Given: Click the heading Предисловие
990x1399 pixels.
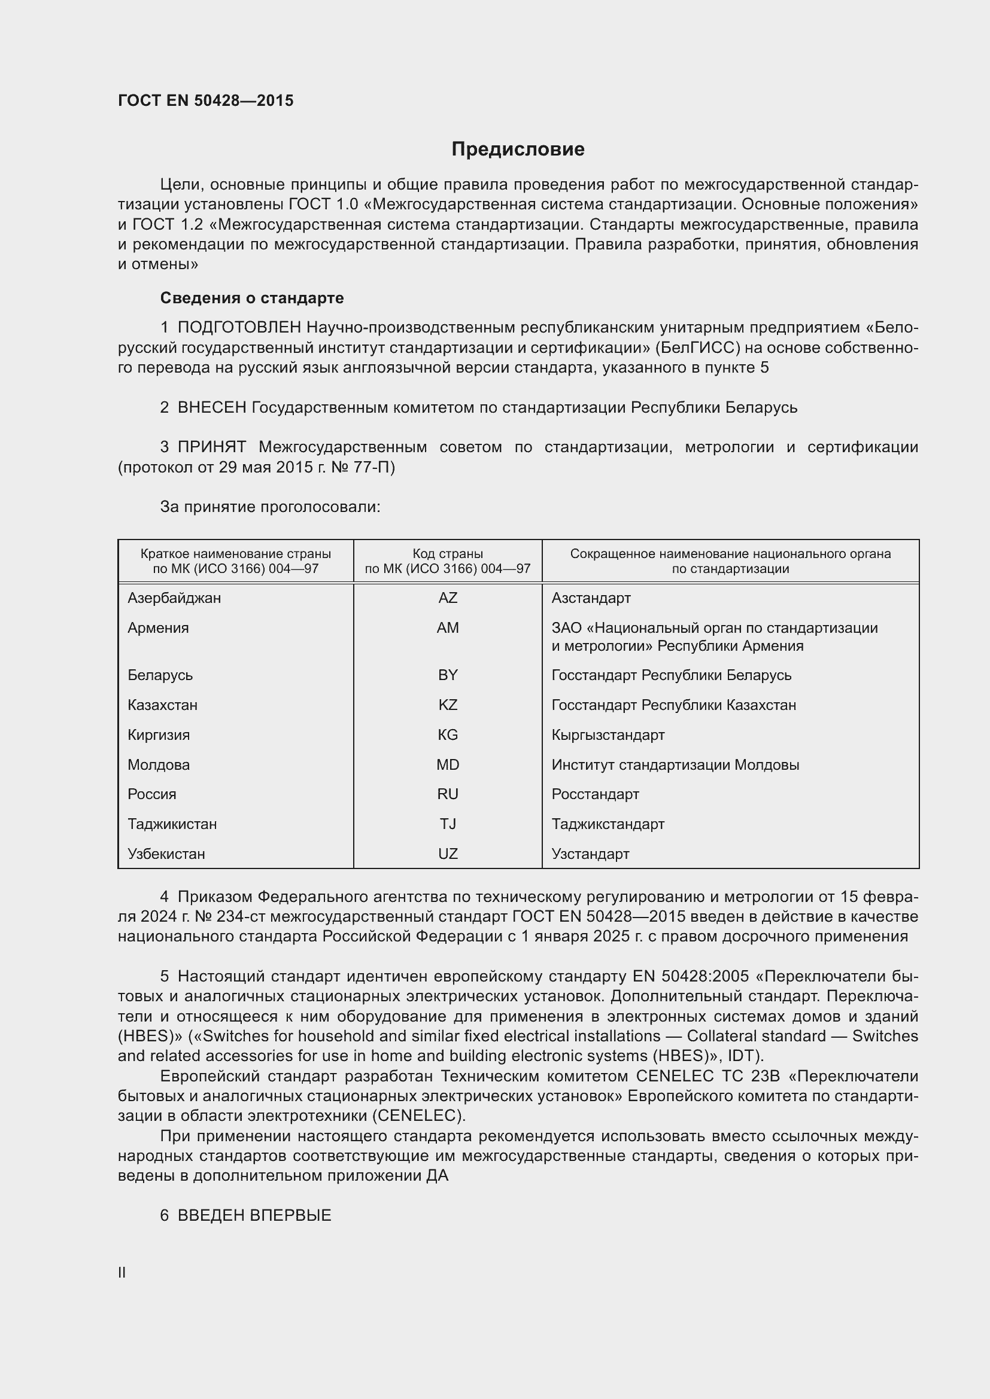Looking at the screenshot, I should click(x=518, y=150).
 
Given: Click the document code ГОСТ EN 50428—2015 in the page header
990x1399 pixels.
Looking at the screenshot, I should click(x=205, y=100).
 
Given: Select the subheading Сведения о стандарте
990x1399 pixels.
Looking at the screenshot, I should click(x=252, y=298).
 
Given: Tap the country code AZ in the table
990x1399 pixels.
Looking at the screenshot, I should click(x=448, y=598).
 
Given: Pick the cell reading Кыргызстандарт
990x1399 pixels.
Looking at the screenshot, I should click(x=608, y=735).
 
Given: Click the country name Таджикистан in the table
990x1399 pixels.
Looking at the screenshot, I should click(x=172, y=824).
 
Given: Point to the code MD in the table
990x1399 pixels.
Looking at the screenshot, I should click(x=448, y=765).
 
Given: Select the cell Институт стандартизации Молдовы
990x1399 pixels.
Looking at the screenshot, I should click(x=675, y=765).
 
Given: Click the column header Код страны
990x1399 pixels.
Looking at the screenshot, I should click(x=448, y=554).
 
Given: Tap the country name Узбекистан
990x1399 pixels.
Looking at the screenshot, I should click(x=166, y=854).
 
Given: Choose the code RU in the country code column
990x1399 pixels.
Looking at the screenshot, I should click(x=448, y=794).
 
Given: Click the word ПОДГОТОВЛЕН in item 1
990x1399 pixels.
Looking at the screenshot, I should click(x=239, y=327).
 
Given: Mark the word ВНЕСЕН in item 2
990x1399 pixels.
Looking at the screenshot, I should click(x=211, y=407).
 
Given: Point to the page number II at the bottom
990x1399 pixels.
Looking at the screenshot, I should click(x=122, y=1272).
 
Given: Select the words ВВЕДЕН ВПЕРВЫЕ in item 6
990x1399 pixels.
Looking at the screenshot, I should click(x=254, y=1215).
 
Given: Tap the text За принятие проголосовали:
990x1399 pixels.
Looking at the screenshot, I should click(x=270, y=507).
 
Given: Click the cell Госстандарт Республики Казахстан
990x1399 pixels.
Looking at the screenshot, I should click(x=673, y=705).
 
